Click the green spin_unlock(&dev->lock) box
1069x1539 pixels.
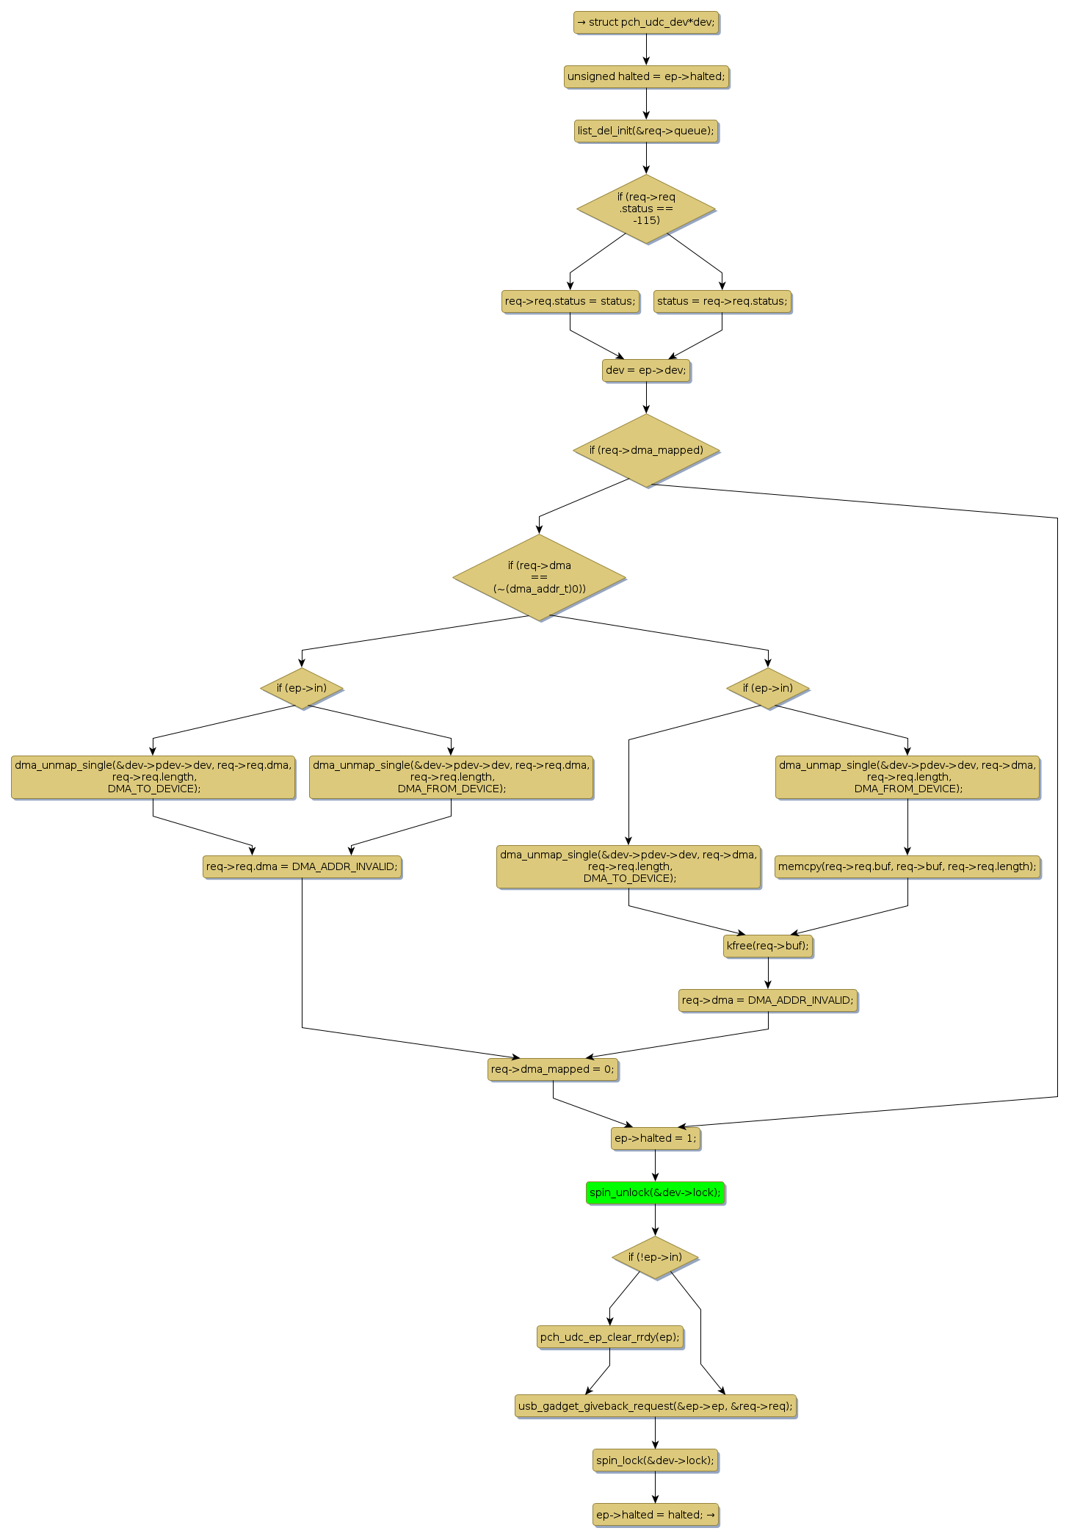[x=655, y=1192]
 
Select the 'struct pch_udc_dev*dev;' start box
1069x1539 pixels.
[x=646, y=22]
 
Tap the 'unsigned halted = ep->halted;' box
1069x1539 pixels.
[x=646, y=76]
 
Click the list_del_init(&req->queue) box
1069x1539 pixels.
[x=646, y=131]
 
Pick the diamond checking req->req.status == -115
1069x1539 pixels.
[x=646, y=209]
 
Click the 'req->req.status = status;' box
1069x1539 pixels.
[x=570, y=301]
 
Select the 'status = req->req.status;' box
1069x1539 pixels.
[x=722, y=301]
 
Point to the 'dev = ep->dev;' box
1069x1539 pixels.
[x=646, y=370]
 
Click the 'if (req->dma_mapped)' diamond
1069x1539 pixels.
[x=646, y=450]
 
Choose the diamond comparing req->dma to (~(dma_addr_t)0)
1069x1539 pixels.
[x=540, y=577]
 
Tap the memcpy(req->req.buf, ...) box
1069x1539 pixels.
[x=907, y=866]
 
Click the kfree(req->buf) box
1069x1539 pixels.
[x=768, y=946]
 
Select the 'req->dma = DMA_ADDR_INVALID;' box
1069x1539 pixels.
[x=768, y=1000]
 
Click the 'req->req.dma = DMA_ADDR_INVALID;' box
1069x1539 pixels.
[x=302, y=866]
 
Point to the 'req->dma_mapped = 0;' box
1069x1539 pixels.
[x=553, y=1069]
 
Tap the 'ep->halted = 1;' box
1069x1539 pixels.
[x=655, y=1138]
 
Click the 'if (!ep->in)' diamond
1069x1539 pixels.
[x=655, y=1257]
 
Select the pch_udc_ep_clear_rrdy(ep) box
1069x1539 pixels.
[x=609, y=1337]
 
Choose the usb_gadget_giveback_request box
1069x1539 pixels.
[x=655, y=1406]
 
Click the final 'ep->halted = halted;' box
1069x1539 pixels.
[x=655, y=1515]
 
